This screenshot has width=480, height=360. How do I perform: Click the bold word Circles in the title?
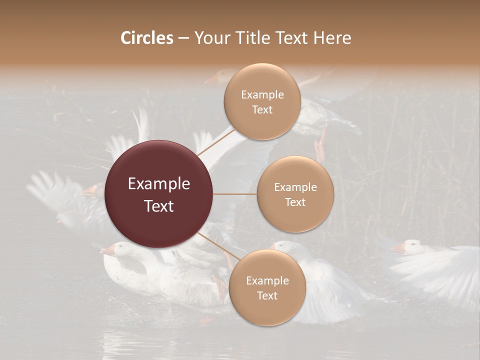pyautogui.click(x=146, y=38)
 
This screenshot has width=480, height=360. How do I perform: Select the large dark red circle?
pyautogui.click(x=159, y=194)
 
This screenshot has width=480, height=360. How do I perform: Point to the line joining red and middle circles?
pyautogui.click(x=235, y=194)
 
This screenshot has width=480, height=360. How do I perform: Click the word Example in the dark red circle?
pyautogui.click(x=159, y=184)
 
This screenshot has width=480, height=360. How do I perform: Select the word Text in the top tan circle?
pyautogui.click(x=262, y=110)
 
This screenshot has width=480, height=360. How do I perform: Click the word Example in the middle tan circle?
pyautogui.click(x=295, y=187)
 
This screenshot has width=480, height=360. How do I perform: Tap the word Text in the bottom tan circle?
pyautogui.click(x=267, y=296)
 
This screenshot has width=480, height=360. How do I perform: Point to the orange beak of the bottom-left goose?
pyautogui.click(x=106, y=251)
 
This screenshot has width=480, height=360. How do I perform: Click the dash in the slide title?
pyautogui.click(x=183, y=38)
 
